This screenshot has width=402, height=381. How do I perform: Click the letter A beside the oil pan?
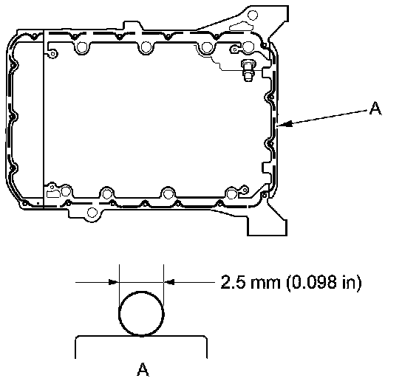pyautogui.click(x=375, y=108)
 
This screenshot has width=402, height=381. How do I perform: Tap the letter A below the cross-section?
pyautogui.click(x=143, y=369)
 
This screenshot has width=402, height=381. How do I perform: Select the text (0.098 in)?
pyautogui.click(x=324, y=282)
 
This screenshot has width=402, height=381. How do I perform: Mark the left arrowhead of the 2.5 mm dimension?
pyautogui.click(x=114, y=282)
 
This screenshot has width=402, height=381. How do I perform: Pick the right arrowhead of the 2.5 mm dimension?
pyautogui.click(x=169, y=282)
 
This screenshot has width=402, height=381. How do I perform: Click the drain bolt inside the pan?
pyautogui.click(x=248, y=70)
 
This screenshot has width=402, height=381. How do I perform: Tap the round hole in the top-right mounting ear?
pyautogui.click(x=253, y=15)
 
